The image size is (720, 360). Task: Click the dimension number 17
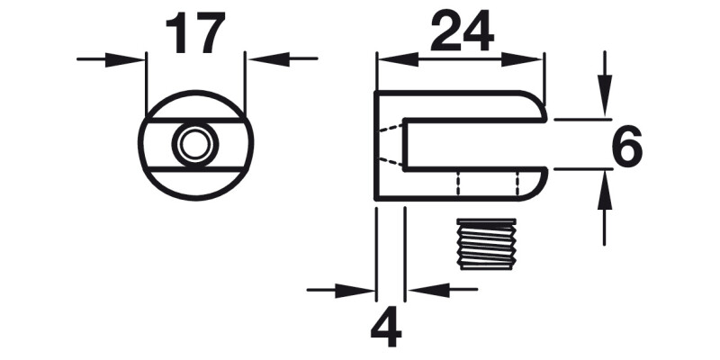tap(194, 34)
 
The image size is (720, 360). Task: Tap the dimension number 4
tap(387, 329)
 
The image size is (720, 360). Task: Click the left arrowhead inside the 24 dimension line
tap(393, 59)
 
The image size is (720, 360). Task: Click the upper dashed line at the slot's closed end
tap(389, 131)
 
